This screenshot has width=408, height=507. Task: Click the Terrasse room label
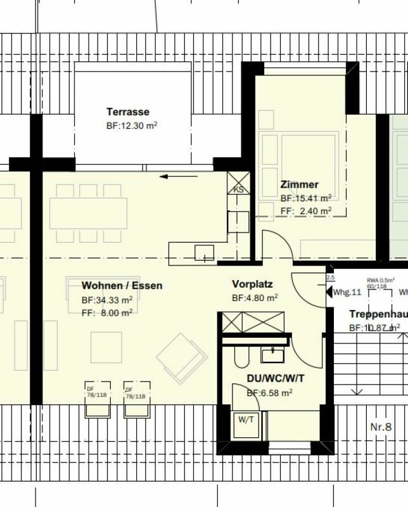click(x=128, y=112)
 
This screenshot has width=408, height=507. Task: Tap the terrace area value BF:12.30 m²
click(x=132, y=125)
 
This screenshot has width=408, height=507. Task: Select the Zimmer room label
click(x=300, y=184)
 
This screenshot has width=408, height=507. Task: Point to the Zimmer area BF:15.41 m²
click(x=305, y=198)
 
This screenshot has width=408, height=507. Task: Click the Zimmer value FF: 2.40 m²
click(x=305, y=211)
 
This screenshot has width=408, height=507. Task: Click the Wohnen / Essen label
click(x=122, y=285)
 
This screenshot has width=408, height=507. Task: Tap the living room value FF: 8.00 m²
click(x=107, y=312)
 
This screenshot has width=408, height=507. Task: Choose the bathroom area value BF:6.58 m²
click(x=269, y=393)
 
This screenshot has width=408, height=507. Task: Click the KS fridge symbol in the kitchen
click(x=239, y=189)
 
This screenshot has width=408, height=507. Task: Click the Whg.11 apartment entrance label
click(x=347, y=292)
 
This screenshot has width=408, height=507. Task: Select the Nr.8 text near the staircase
click(x=380, y=427)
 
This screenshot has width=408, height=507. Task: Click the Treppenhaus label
click(x=378, y=314)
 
